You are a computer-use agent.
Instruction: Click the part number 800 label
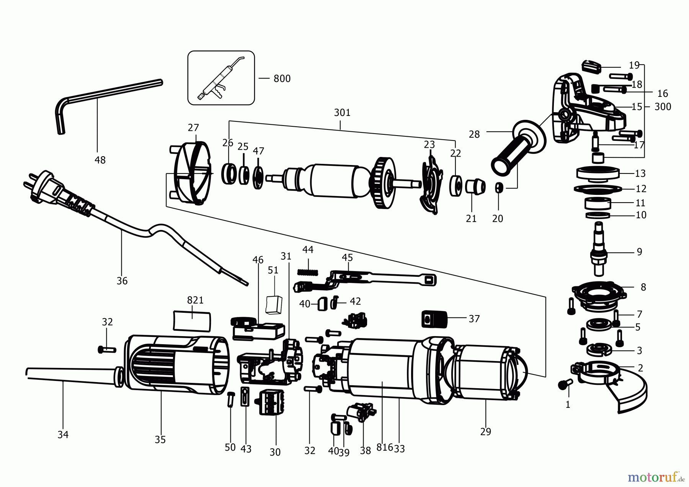pyautogui.click(x=282, y=79)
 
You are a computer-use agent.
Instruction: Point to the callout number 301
pyautogui.click(x=342, y=113)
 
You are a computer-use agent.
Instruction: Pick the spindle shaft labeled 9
pyautogui.click(x=598, y=253)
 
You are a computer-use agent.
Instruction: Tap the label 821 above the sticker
pyautogui.click(x=195, y=301)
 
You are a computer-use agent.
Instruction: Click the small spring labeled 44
pyautogui.click(x=308, y=272)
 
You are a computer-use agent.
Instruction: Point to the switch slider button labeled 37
pyautogui.click(x=434, y=319)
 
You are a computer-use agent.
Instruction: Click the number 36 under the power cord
pyautogui.click(x=122, y=281)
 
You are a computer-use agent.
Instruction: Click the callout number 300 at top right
pyautogui.click(x=663, y=107)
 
